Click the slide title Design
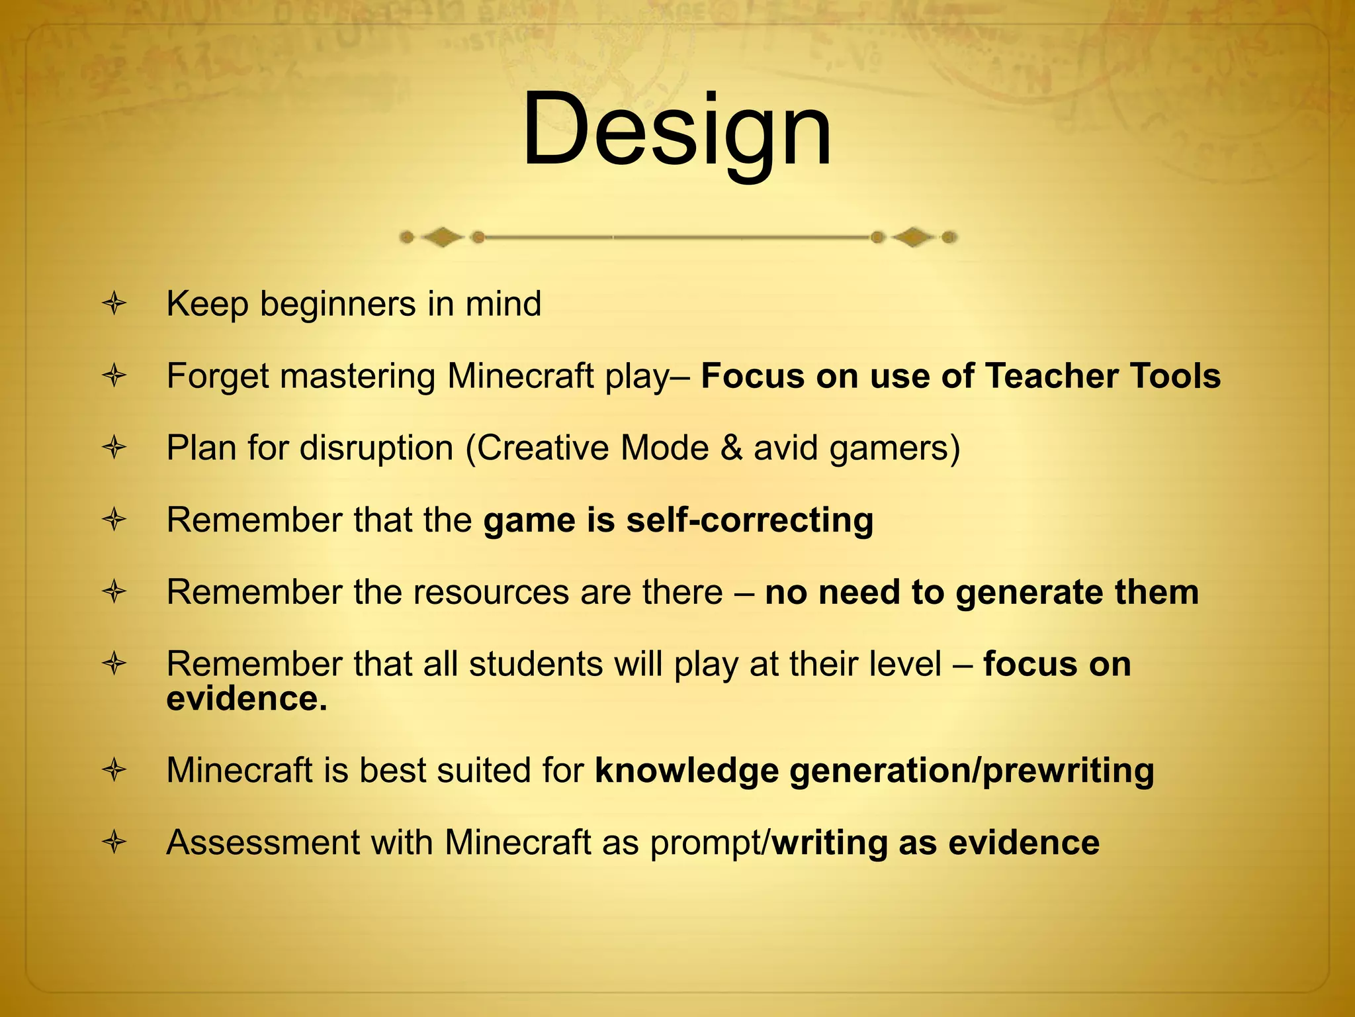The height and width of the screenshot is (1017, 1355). click(676, 130)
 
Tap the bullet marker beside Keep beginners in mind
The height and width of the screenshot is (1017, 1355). click(114, 305)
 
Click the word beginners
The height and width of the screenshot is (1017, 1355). click(337, 305)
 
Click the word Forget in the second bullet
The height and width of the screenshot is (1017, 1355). click(217, 376)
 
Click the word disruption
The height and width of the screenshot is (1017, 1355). click(376, 448)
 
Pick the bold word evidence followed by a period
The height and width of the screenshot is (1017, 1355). click(246, 699)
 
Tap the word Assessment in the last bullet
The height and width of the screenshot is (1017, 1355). click(263, 843)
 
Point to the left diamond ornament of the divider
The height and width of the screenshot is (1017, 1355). click(442, 237)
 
